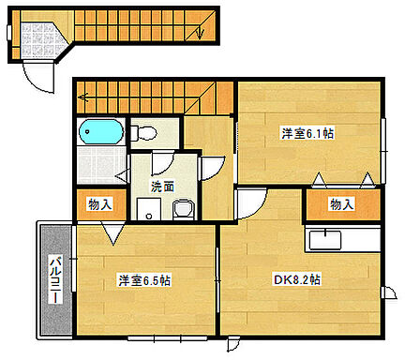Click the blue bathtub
tap(100, 131)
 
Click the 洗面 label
tap(162, 186)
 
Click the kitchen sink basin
tap(324, 240)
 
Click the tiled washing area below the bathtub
tap(97, 164)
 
